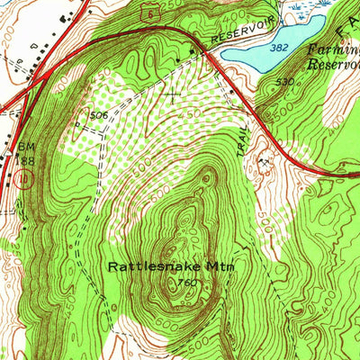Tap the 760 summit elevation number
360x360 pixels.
coord(187,283)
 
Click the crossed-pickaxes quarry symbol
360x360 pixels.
coord(265,162)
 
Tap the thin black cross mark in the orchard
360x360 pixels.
coord(172,93)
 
